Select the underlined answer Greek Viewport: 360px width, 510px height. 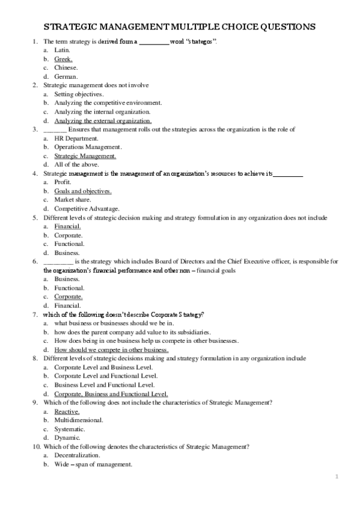tap(63, 60)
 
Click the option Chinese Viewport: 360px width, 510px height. tap(66, 68)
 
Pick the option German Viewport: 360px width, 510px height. tap(66, 77)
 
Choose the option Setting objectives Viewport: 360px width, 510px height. tap(79, 94)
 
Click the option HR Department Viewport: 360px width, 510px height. tap(77, 138)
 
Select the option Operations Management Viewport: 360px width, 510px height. tap(88, 147)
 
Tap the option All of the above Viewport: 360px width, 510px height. tap(76, 164)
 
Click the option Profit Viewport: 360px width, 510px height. tap(63, 182)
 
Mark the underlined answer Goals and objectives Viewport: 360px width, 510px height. tap(82, 191)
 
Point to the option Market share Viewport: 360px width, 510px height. tap(73, 199)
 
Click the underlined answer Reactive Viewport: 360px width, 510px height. tap(67, 411)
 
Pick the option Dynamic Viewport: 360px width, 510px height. tap(66, 437)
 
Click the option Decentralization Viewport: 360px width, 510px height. tap(77, 455)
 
